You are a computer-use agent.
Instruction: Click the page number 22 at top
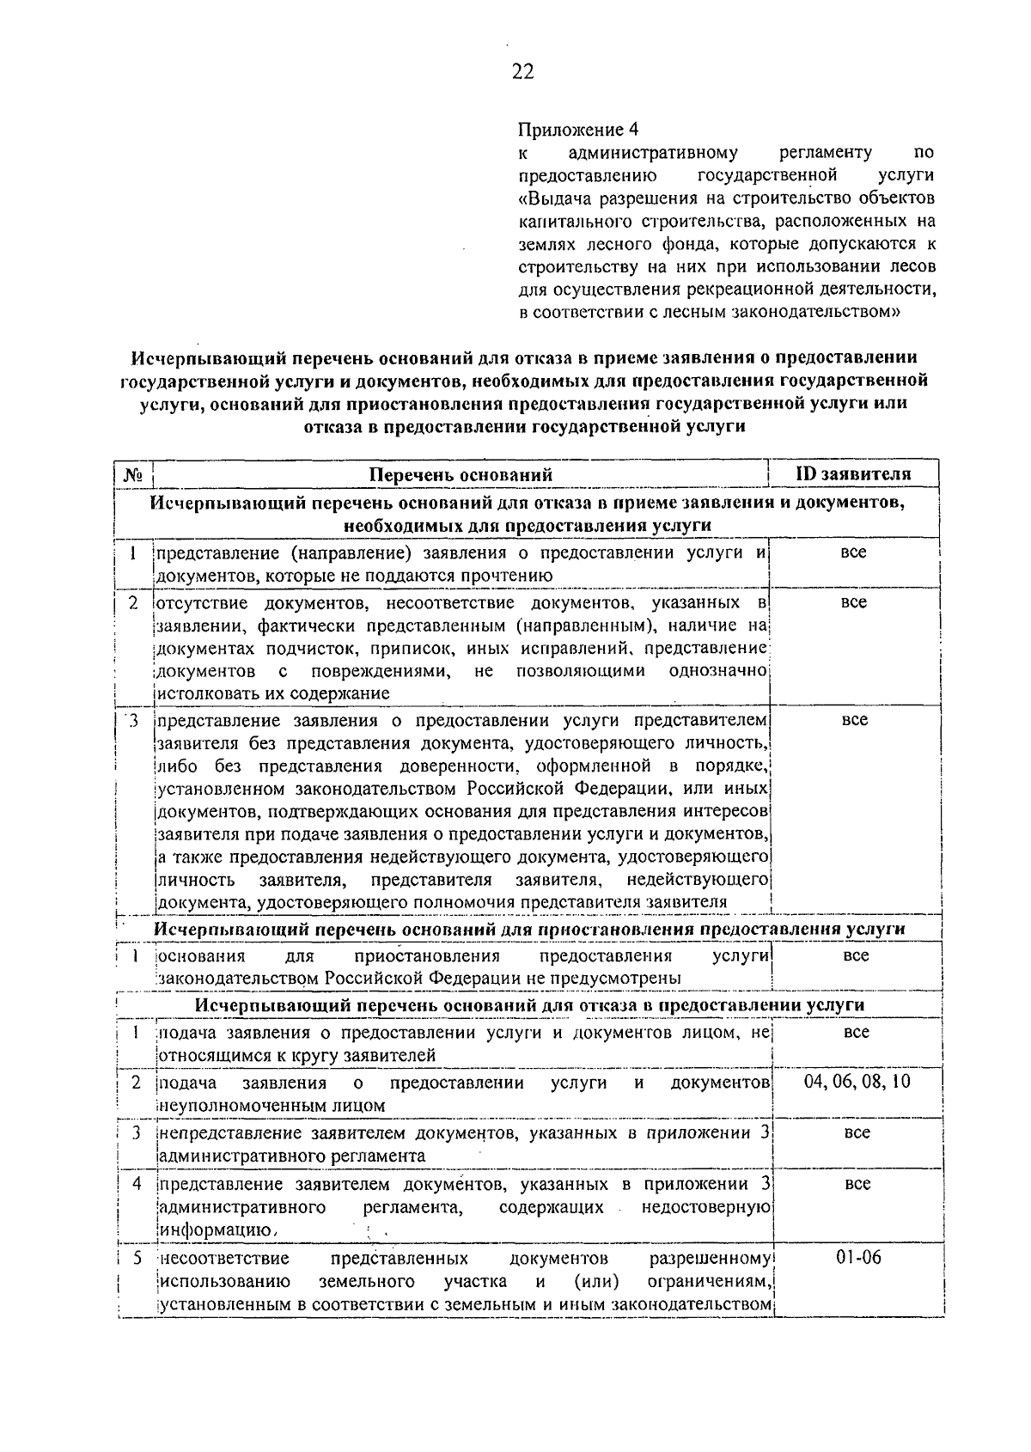pyautogui.click(x=522, y=72)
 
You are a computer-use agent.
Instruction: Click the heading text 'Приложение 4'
pyautogui.click(x=579, y=130)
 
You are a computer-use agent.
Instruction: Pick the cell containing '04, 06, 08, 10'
pyautogui.click(x=856, y=1081)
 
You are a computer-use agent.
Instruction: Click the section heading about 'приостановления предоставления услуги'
pyautogui.click(x=529, y=929)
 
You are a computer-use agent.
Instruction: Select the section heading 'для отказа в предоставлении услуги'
pyautogui.click(x=529, y=1005)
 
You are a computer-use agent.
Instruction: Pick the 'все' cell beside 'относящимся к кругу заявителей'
pyautogui.click(x=856, y=1032)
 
